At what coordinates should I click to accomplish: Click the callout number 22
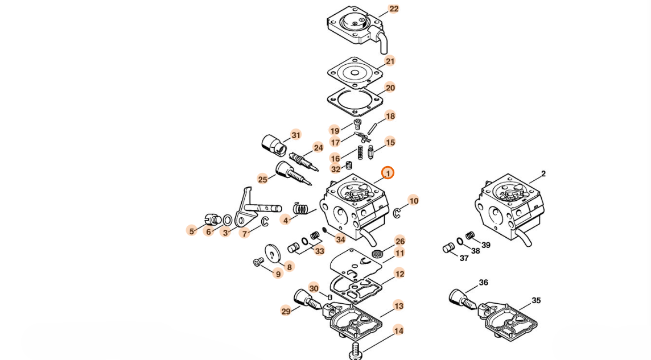click(x=393, y=9)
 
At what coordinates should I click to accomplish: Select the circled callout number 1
click(x=388, y=172)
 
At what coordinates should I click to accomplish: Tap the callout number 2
click(x=543, y=173)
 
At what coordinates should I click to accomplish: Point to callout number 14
click(x=398, y=331)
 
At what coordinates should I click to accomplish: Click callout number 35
click(x=536, y=300)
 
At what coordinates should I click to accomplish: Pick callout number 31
click(x=295, y=135)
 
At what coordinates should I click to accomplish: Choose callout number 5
click(x=192, y=231)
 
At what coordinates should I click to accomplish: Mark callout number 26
click(x=400, y=241)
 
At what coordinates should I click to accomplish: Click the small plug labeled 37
click(x=448, y=248)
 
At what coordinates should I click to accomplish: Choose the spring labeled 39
click(x=470, y=235)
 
